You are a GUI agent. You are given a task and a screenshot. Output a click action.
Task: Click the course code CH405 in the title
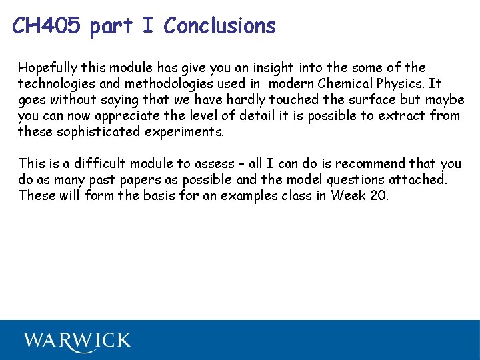[x=47, y=26]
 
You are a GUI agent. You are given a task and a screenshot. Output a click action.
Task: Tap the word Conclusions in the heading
[x=219, y=26]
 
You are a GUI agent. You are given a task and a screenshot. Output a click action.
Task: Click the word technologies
[x=59, y=84]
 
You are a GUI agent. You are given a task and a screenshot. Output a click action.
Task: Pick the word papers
[x=138, y=180]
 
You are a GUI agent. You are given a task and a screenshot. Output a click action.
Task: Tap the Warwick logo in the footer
[x=77, y=341]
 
